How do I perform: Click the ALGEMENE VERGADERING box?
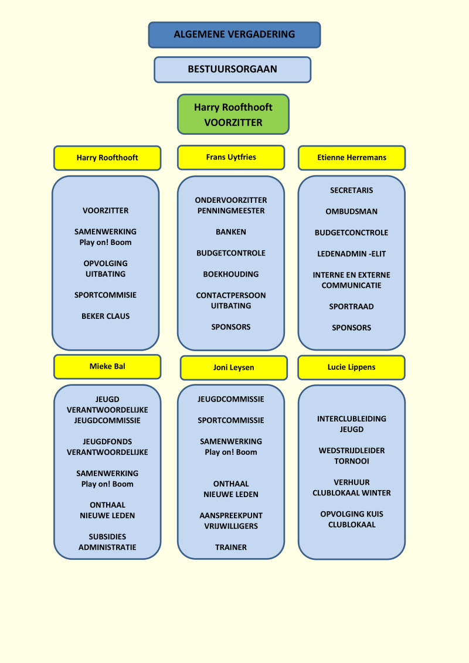[x=235, y=35]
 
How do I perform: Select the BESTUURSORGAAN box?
[x=232, y=69]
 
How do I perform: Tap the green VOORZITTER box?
[x=233, y=114]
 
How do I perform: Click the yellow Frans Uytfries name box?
[x=231, y=157]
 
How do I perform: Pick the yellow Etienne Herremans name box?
[x=352, y=158]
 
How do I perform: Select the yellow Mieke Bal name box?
[x=107, y=366]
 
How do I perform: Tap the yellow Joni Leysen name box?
[x=233, y=368]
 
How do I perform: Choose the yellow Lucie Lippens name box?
[x=351, y=367]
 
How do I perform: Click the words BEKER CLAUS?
[x=106, y=316]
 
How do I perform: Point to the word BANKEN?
[x=231, y=232]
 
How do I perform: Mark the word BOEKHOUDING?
[x=231, y=274]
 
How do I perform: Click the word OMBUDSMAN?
[x=352, y=212]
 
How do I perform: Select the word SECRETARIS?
[x=352, y=191]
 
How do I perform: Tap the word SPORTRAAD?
[x=352, y=307]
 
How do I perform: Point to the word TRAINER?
[x=231, y=548]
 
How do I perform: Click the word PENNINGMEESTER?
[x=231, y=211]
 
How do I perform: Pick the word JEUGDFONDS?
[x=107, y=442]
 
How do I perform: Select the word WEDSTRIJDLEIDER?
[x=352, y=451]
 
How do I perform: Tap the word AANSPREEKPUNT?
[x=231, y=516]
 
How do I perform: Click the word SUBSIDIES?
[x=107, y=537]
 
